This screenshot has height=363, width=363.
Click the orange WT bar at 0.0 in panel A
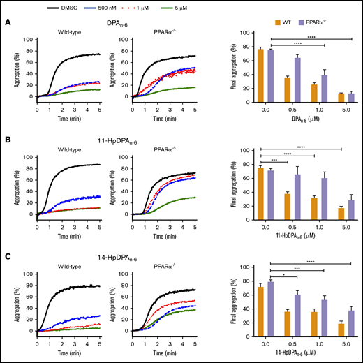click(260, 75)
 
